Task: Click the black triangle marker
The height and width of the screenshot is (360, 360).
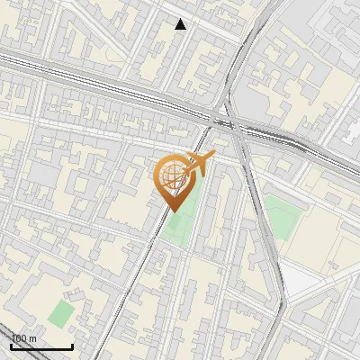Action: pos(181,24)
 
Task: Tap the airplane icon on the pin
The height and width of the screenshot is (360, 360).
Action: pos(202,163)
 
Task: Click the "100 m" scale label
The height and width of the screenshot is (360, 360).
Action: pos(24,338)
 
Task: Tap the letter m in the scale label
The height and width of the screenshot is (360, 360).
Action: pos(33,338)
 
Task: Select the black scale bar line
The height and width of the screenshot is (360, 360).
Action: pos(41,346)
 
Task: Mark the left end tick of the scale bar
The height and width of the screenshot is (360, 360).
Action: pos(12,345)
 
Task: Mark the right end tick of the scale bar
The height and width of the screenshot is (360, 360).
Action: pos(72,345)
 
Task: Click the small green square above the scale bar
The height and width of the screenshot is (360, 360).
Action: pos(60,314)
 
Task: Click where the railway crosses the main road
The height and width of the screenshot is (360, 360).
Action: pos(230,122)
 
